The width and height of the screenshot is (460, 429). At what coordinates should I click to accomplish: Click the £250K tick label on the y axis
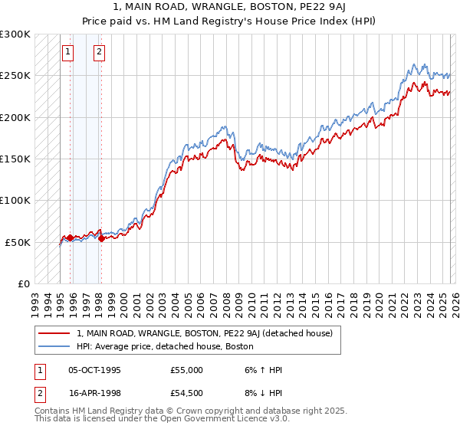[15, 76]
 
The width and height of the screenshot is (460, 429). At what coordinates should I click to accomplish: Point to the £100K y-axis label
[15, 200]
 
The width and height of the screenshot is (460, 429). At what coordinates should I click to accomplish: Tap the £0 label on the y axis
[23, 283]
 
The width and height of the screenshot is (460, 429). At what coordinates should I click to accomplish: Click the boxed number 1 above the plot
[68, 52]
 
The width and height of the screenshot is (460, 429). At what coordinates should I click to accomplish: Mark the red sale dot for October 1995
[70, 237]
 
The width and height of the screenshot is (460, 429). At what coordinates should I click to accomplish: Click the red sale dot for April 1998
[101, 238]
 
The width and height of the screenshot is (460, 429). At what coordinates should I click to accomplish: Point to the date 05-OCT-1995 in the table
[94, 370]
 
